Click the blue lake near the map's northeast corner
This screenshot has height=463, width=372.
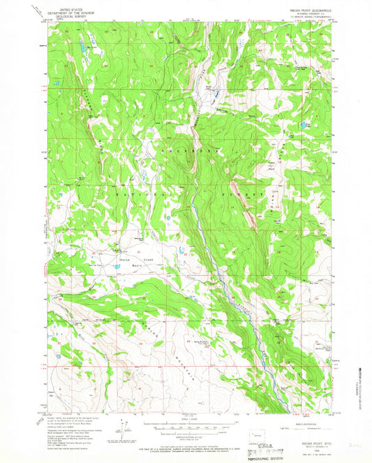tap(304, 124)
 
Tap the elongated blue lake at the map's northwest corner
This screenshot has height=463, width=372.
tap(83, 50)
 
